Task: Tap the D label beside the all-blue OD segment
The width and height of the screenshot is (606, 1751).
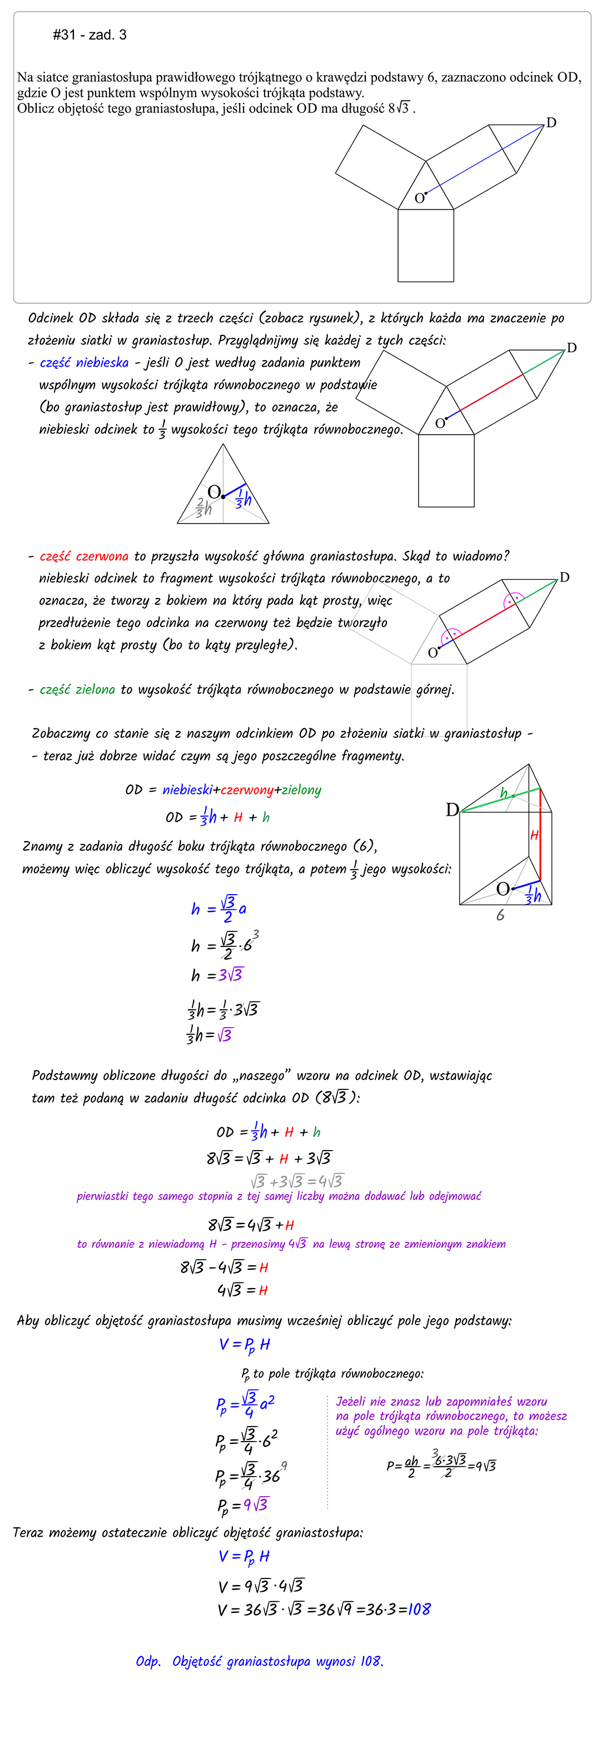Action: [551, 123]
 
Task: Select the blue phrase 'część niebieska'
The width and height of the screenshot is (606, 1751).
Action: [85, 363]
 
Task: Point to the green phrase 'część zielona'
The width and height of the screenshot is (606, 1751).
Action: [77, 690]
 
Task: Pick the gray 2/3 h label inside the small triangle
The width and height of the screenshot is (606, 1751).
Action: [203, 507]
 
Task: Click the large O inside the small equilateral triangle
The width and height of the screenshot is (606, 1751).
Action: [214, 492]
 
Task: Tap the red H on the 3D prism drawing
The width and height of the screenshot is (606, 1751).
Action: [535, 835]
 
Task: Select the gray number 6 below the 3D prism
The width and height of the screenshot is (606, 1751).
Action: [501, 916]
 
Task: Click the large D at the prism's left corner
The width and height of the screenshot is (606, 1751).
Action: [452, 810]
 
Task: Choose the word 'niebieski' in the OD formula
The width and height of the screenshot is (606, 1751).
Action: [187, 790]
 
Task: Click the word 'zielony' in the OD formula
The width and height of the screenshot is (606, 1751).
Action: [300, 790]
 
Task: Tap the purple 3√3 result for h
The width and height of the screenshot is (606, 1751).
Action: [231, 975]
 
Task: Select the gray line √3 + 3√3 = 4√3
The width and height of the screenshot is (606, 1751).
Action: [297, 1181]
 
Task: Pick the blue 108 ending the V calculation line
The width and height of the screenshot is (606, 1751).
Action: [419, 1609]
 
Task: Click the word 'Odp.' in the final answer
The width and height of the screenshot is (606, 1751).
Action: [148, 1661]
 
